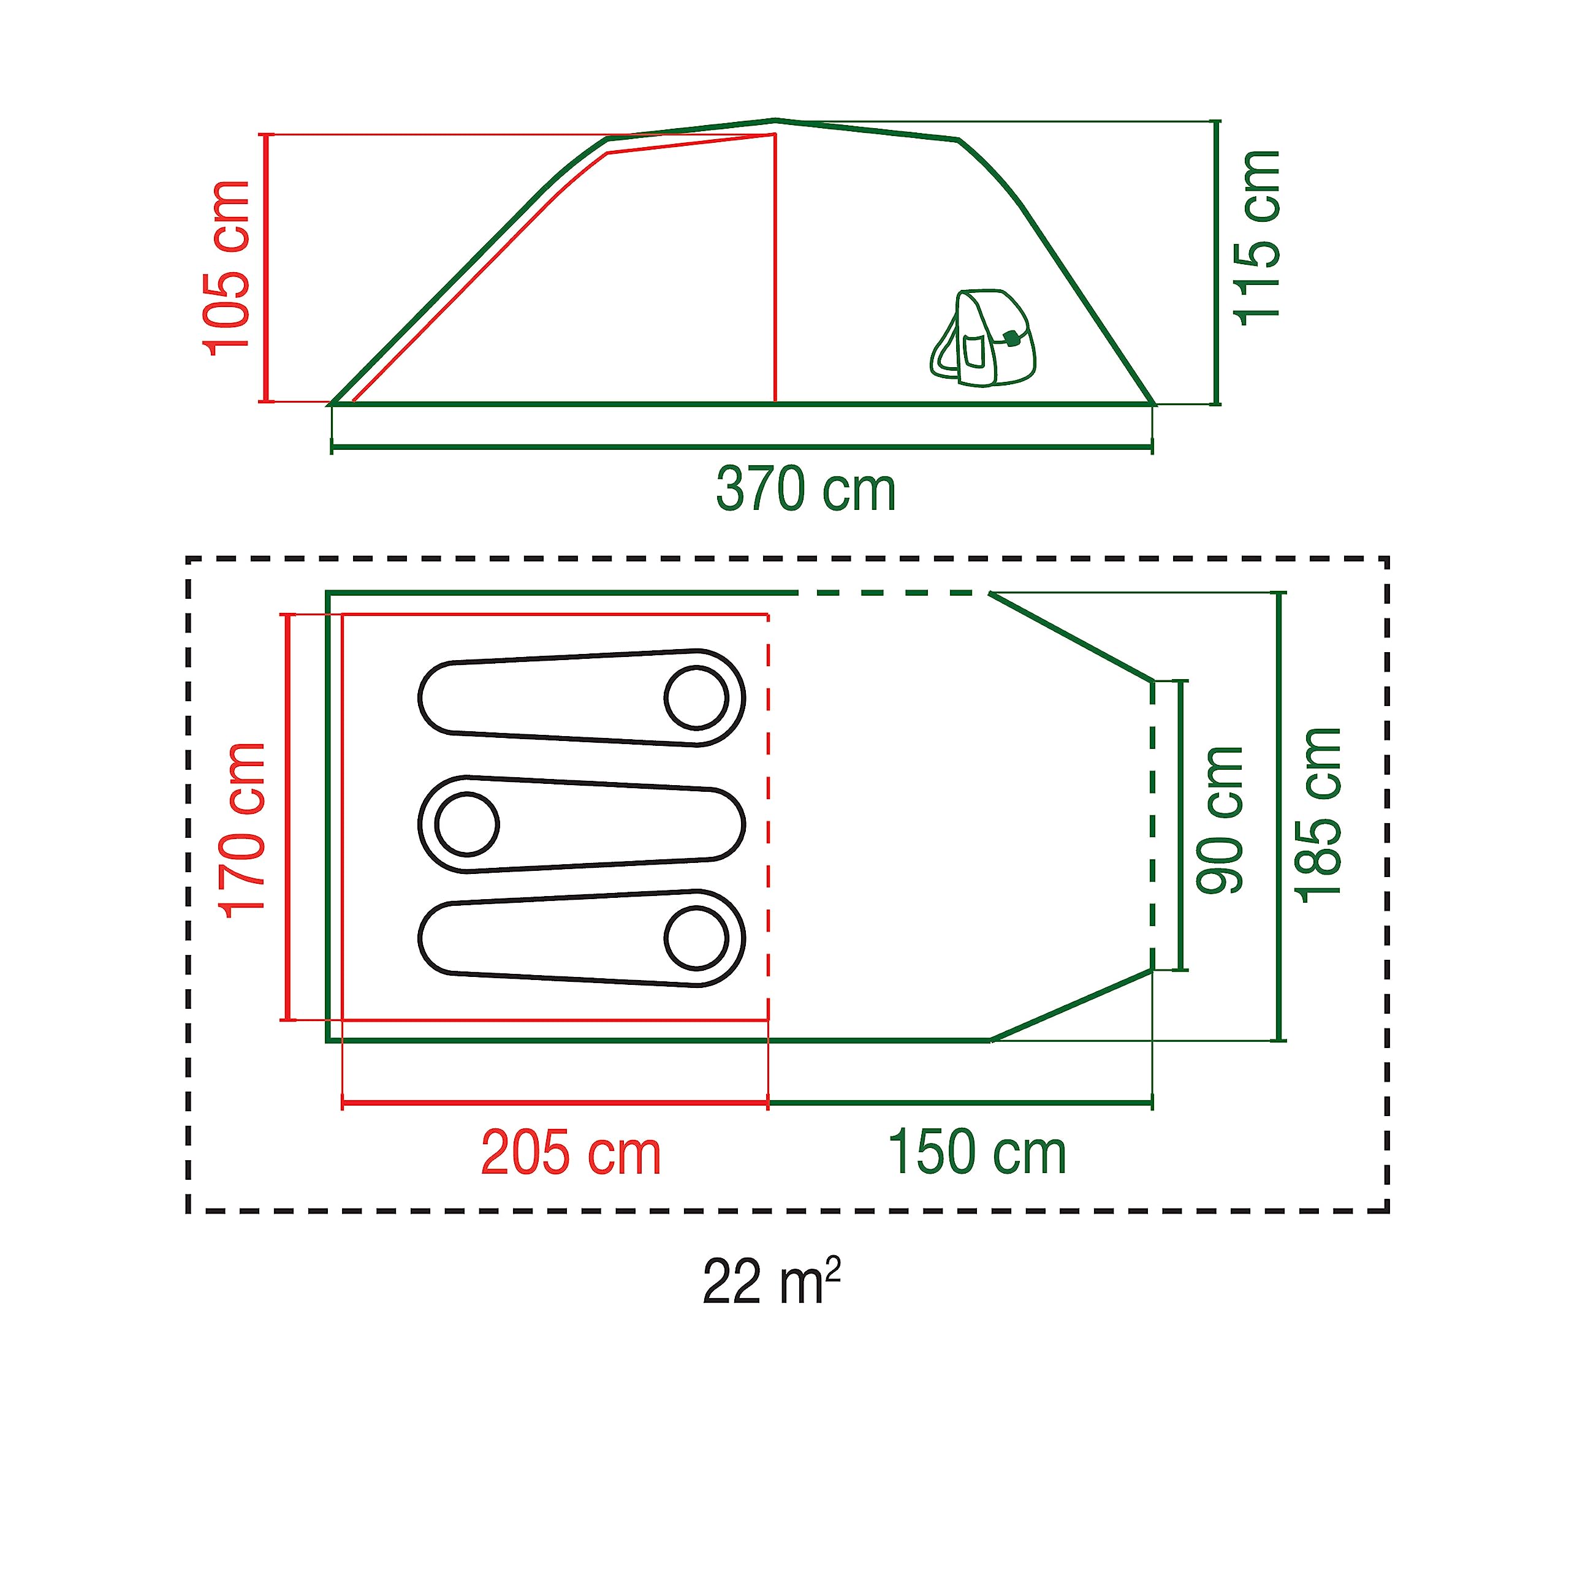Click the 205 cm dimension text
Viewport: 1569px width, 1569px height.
pos(571,1153)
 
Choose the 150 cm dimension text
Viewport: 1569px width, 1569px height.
pos(977,1153)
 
